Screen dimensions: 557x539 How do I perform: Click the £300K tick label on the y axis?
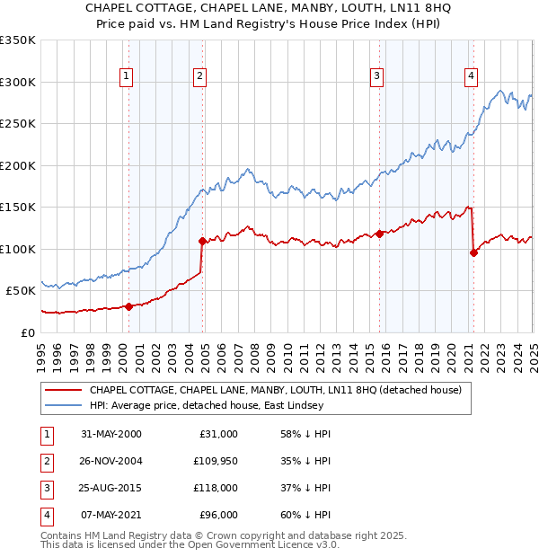pos(18,82)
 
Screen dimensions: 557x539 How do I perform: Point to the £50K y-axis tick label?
pos(21,291)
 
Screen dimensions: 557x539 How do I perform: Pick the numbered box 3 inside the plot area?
pos(377,76)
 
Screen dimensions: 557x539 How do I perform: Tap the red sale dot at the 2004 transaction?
pos(202,241)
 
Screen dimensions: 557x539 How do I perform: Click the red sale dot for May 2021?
pos(473,252)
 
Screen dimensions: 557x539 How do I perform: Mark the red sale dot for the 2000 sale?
pos(128,306)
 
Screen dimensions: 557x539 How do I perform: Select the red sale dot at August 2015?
pos(379,234)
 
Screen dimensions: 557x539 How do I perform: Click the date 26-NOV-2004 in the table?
pos(111,461)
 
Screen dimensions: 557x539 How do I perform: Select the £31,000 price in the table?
pos(218,434)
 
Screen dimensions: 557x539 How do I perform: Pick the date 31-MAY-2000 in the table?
pos(111,434)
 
